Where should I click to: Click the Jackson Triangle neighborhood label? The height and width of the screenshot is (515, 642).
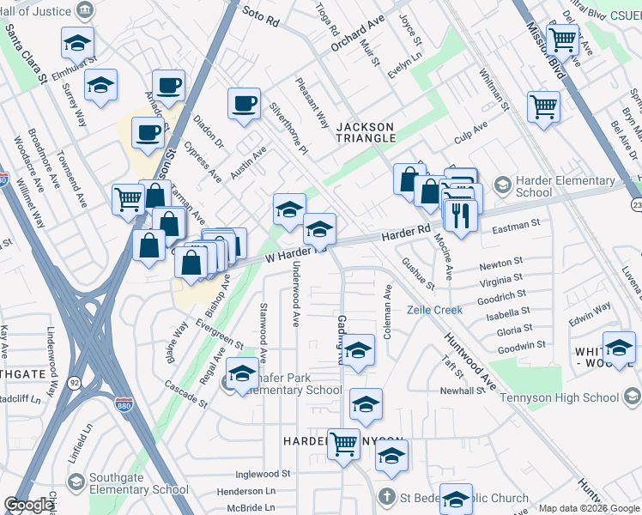click(366, 131)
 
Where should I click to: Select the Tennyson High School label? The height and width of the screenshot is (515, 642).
click(570, 397)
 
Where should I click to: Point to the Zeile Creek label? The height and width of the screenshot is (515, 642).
click(434, 310)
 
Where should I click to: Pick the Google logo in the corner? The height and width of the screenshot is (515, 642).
click(28, 505)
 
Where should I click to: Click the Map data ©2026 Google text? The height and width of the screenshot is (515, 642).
click(589, 508)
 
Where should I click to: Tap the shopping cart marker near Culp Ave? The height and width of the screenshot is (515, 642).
click(543, 107)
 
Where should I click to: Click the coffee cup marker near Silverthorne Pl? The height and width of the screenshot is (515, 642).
click(244, 103)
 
